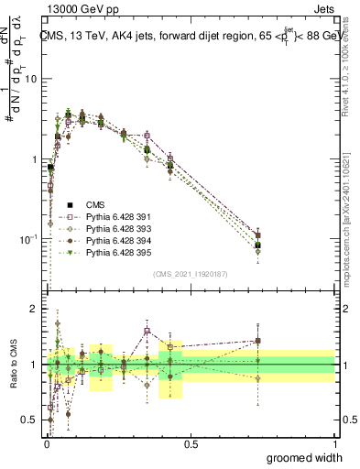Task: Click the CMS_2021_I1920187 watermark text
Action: [x=191, y=273]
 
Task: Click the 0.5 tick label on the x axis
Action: [x=191, y=444]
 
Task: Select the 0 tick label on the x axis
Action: [x=47, y=444]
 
